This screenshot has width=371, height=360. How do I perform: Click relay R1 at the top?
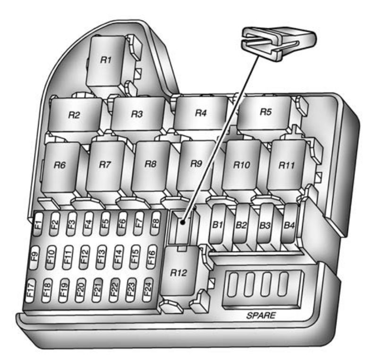click(106, 63)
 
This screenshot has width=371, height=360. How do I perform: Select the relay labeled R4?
click(201, 113)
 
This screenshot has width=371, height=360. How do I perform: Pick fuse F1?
click(38, 224)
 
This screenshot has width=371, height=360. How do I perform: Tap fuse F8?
click(155, 223)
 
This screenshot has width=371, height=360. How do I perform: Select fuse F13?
click(101, 257)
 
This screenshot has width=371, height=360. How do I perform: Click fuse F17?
click(30, 291)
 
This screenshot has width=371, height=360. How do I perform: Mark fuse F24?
click(148, 290)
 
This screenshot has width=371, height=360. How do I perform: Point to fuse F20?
click(80, 290)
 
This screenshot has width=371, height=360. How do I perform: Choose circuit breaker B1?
click(218, 224)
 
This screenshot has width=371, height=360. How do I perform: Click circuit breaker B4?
click(289, 224)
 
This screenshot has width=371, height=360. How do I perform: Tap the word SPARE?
click(261, 315)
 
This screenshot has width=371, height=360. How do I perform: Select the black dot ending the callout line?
click(182, 222)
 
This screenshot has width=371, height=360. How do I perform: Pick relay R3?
click(137, 114)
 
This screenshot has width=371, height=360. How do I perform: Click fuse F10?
click(51, 257)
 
